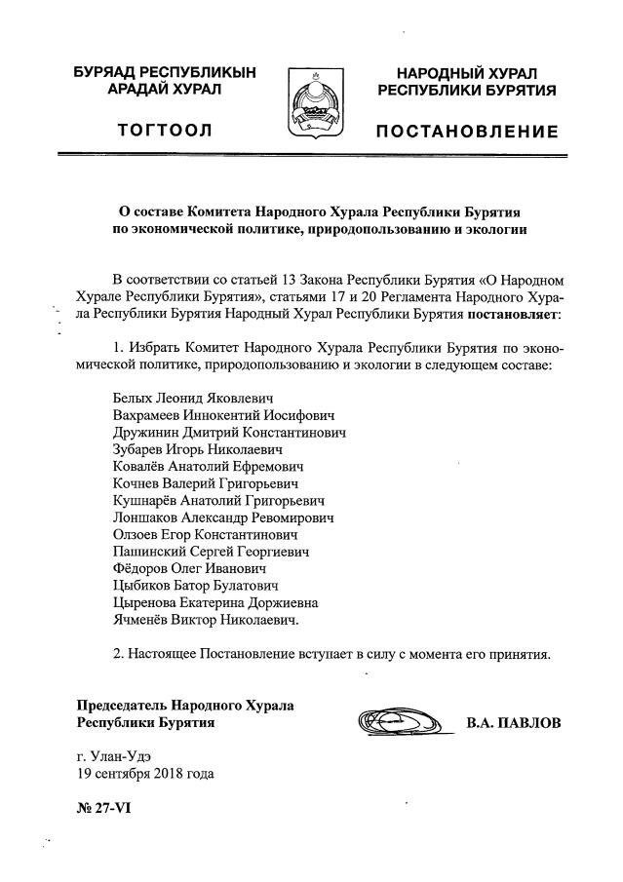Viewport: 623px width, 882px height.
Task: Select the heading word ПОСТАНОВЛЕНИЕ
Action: pyautogui.click(x=468, y=132)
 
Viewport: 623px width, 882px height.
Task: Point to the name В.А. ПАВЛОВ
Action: pyautogui.click(x=514, y=723)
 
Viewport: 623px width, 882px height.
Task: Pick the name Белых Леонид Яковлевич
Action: pyautogui.click(x=193, y=399)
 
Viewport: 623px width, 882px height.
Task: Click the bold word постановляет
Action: pyautogui.click(x=515, y=315)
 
